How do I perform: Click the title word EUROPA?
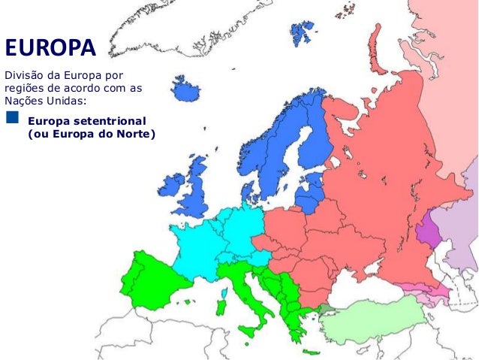click(x=51, y=48)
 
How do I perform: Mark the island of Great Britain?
click(x=200, y=188)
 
